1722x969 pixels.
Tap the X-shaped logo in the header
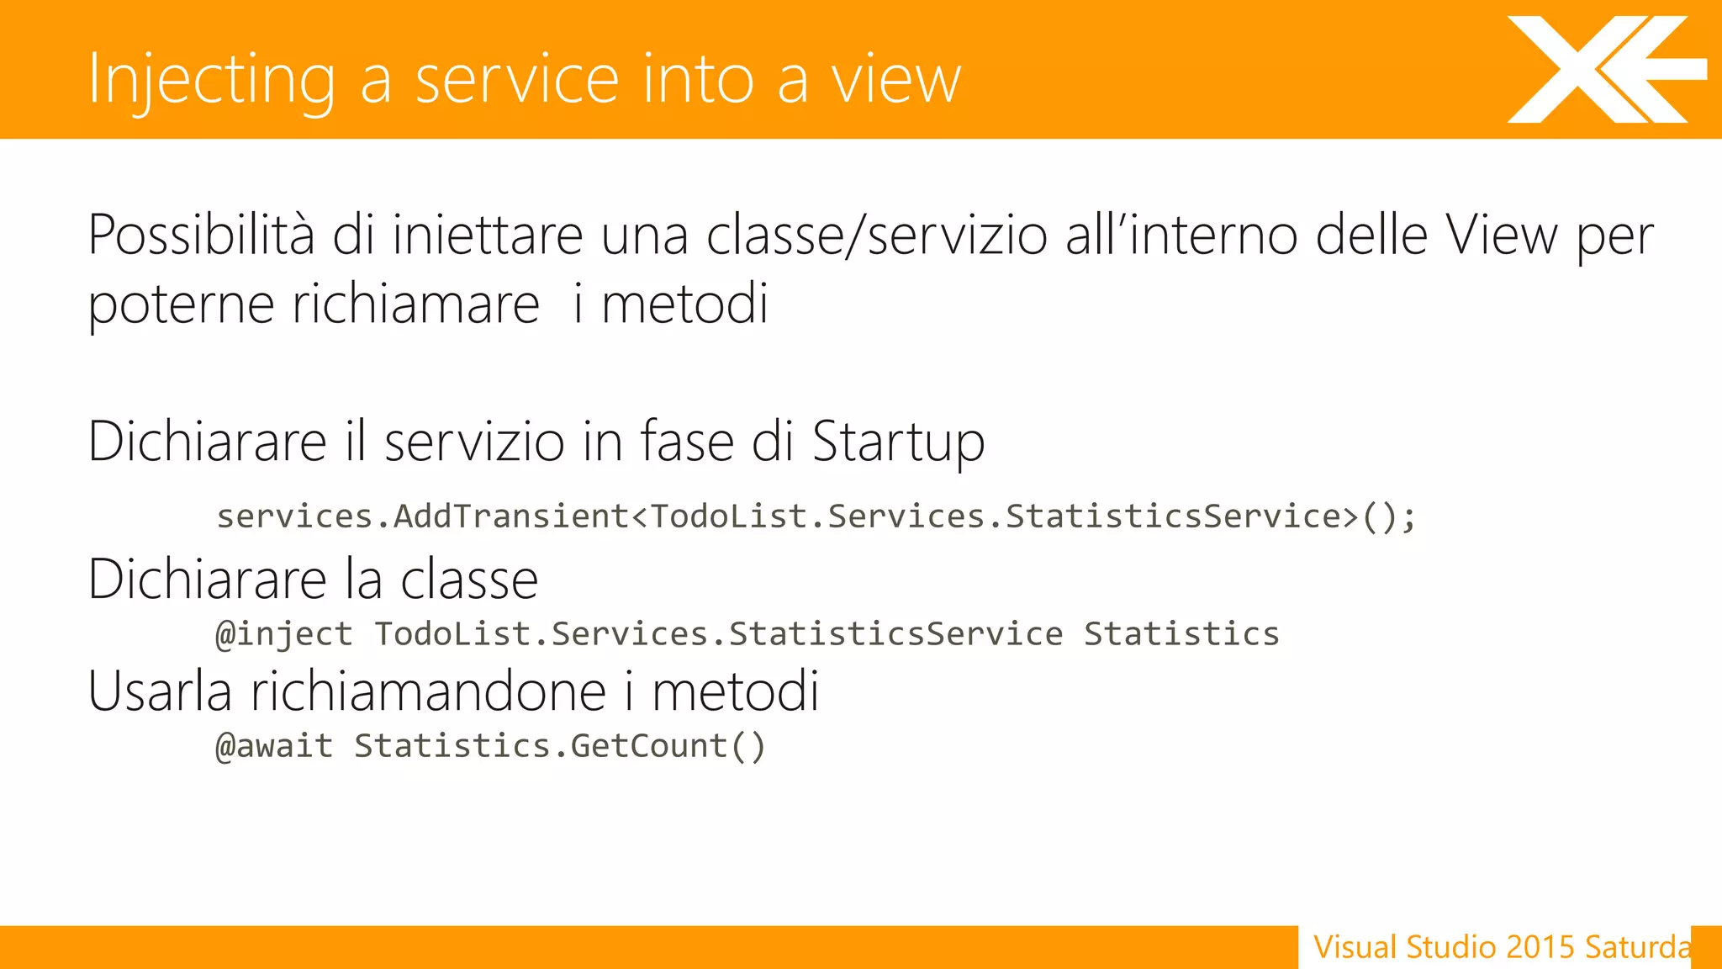coord(1604,70)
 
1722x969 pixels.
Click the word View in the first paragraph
coord(1501,235)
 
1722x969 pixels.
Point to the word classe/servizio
coord(877,235)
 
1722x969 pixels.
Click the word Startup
coord(898,442)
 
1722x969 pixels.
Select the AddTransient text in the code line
coord(511,516)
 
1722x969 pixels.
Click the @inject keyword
coord(284,634)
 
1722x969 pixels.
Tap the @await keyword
coord(274,746)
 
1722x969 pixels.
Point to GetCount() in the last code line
coord(668,746)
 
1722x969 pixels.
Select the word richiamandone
coord(429,691)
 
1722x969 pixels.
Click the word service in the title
coord(518,80)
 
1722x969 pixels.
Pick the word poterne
coord(181,304)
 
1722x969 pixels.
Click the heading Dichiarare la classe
coord(313,580)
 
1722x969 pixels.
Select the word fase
coord(687,442)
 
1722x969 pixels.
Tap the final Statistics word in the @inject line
coord(1181,634)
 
